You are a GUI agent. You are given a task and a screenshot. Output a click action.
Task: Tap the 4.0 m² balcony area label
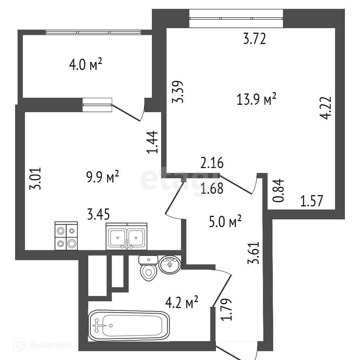click(86, 65)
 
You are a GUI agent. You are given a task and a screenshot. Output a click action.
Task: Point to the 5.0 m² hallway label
click(225, 222)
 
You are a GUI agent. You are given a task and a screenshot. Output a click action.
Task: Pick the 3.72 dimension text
click(254, 39)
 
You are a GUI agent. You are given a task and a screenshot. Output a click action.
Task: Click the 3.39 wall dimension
click(177, 92)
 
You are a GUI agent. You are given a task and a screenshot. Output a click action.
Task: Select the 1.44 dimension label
click(153, 142)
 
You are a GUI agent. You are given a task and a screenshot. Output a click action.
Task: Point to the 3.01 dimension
click(37, 178)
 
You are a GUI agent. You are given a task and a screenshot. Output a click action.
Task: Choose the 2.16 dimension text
click(212, 163)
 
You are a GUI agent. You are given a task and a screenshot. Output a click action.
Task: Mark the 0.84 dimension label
click(278, 190)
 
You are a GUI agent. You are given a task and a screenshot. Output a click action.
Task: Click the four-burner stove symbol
click(66, 237)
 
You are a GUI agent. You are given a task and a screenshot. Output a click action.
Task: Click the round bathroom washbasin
click(170, 264)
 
